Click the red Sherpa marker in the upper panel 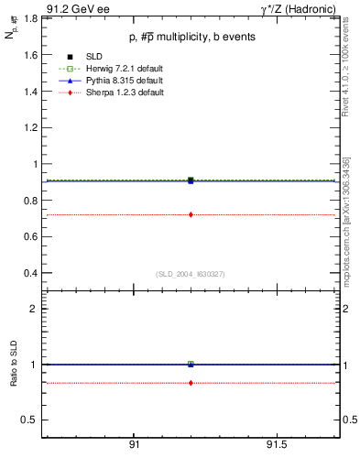click(191, 214)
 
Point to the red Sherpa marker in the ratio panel click(191, 383)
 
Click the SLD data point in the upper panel click(191, 180)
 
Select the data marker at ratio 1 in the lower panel click(191, 364)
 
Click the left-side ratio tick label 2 click(34, 309)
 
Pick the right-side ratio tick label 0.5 click(350, 420)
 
